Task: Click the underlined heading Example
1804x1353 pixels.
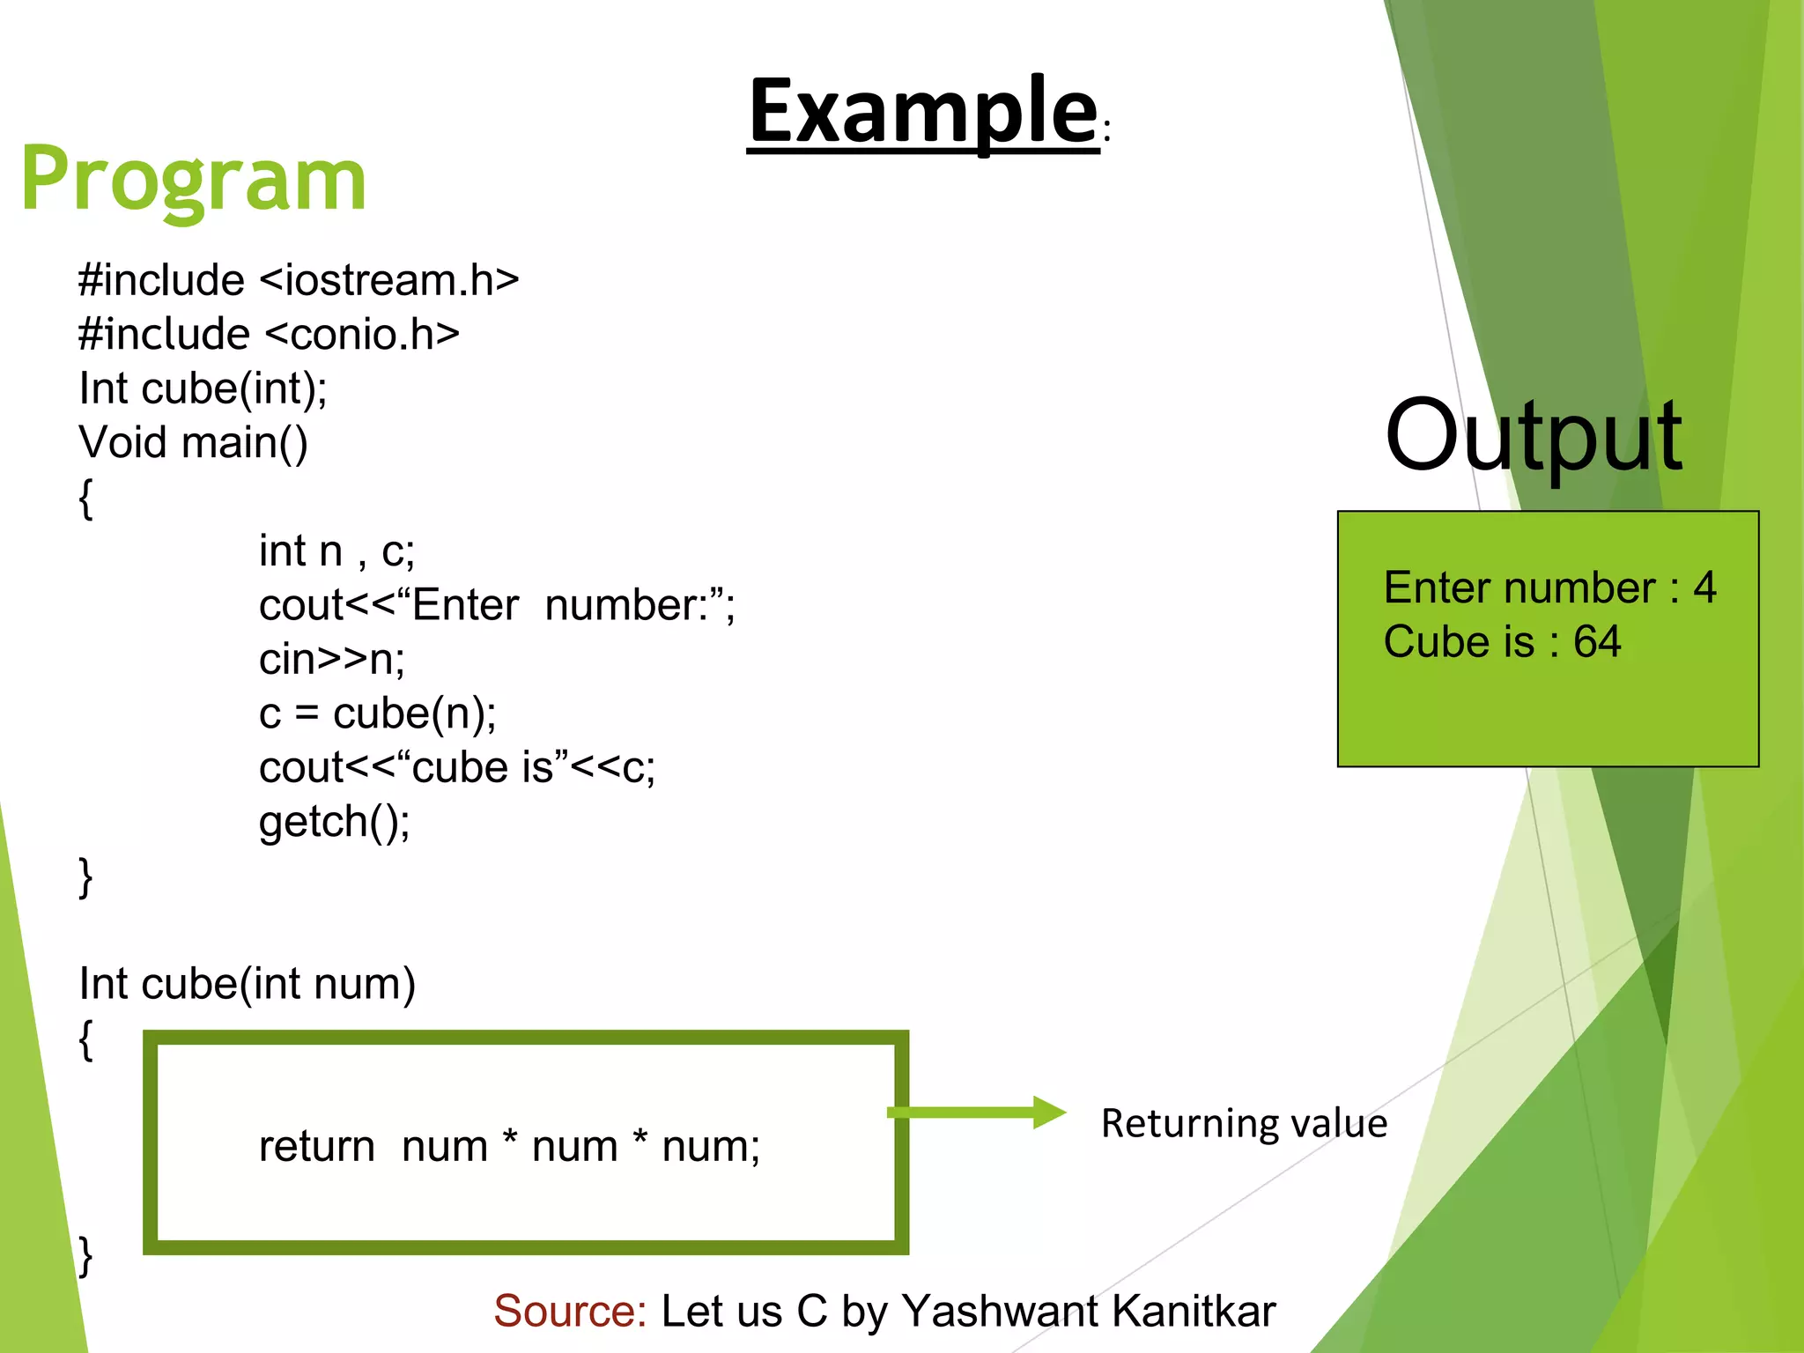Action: click(922, 112)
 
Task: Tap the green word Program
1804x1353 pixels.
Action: click(193, 180)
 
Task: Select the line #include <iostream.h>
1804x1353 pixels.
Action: click(298, 281)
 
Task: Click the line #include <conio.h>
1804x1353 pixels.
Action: click(269, 335)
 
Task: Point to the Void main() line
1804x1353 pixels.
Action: click(193, 443)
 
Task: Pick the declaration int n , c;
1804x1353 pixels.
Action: click(336, 551)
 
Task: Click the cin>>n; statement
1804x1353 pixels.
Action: click(331, 660)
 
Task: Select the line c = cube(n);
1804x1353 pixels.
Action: click(377, 713)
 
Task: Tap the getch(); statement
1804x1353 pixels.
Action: click(334, 822)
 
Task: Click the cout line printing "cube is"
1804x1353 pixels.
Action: click(456, 767)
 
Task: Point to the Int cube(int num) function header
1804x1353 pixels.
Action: click(247, 984)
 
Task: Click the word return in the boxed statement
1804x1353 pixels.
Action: click(316, 1147)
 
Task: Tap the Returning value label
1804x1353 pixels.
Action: click(1243, 1124)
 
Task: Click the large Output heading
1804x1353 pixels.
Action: click(1533, 436)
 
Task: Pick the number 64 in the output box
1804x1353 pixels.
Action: click(1597, 641)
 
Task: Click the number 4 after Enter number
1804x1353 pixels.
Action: click(1704, 588)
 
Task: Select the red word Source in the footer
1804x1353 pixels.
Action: click(569, 1311)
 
